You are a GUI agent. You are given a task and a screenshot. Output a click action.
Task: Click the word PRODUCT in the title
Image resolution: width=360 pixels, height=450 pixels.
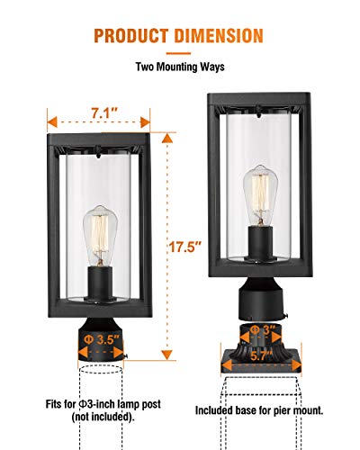[131, 36]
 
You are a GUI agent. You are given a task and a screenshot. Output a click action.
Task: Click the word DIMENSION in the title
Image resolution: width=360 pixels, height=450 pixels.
[219, 36]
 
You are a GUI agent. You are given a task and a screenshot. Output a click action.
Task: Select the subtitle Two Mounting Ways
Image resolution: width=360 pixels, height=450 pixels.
[180, 67]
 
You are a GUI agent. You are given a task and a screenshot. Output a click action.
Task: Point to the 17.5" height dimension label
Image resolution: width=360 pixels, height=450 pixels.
[184, 247]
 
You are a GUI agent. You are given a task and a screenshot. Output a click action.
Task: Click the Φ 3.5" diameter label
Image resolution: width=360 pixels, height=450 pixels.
[102, 339]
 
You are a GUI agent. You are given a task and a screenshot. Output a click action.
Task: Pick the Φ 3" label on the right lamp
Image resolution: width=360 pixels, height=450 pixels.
[262, 329]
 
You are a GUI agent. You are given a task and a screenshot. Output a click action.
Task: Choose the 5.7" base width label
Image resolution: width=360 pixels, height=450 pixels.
[261, 356]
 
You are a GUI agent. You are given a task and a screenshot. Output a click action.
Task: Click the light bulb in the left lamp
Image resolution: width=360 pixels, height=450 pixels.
[100, 236]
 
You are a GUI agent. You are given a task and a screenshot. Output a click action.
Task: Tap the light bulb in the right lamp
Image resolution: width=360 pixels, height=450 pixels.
[260, 195]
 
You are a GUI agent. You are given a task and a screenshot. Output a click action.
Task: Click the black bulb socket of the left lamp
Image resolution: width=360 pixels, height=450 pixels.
[100, 283]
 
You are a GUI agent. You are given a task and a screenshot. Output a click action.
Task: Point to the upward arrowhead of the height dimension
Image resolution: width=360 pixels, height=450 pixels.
[167, 139]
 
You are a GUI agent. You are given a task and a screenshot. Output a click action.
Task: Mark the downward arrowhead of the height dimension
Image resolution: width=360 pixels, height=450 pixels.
[167, 355]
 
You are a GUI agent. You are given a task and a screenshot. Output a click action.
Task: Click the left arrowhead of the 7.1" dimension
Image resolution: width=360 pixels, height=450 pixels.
[52, 122]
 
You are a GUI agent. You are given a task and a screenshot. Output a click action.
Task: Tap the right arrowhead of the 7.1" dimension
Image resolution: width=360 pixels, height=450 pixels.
[145, 122]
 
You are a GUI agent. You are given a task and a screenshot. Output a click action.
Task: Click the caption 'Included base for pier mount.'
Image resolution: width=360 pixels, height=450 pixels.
[259, 410]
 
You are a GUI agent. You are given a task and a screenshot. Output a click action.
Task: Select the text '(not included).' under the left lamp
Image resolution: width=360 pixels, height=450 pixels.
[103, 417]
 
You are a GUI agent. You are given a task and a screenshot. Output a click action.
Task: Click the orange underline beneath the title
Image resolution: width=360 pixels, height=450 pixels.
[178, 53]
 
